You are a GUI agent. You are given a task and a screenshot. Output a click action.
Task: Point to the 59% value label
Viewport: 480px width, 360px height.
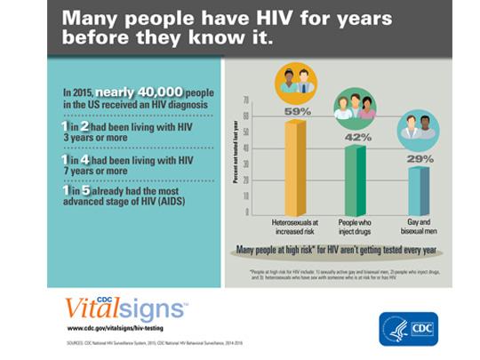pyautogui.click(x=296, y=112)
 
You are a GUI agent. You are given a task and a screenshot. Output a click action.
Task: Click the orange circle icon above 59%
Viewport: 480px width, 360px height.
pyautogui.click(x=296, y=82)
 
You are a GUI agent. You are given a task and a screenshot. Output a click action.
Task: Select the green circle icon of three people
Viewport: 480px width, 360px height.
pyautogui.click(x=355, y=108)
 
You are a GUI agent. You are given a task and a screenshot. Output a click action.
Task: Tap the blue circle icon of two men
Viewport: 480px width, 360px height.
pyautogui.click(x=418, y=129)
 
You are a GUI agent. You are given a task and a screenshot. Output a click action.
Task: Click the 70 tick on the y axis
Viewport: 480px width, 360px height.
pyautogui.click(x=245, y=100)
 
